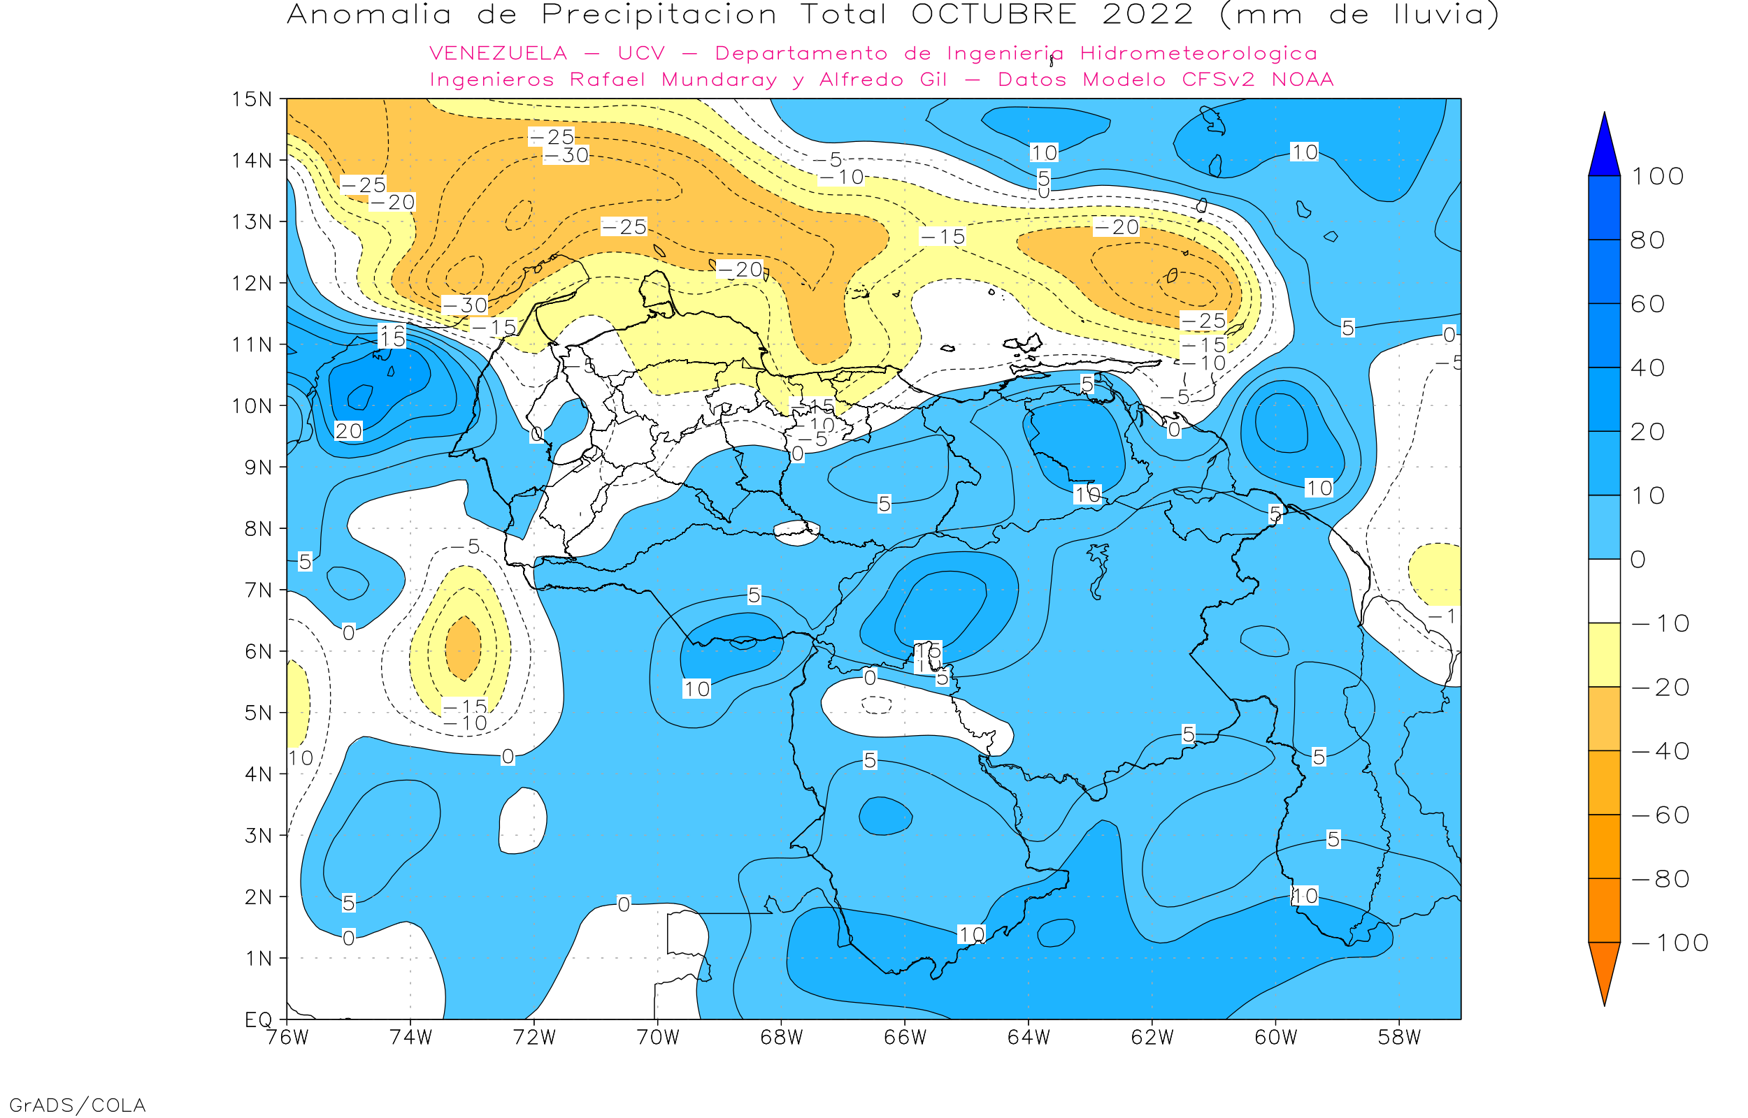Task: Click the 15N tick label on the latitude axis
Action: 251,99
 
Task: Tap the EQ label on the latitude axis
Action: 259,1019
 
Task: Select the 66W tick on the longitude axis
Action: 905,1038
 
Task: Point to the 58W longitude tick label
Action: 1398,1038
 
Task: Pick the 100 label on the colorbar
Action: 1657,176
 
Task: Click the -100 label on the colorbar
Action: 1670,943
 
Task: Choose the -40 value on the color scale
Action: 1660,751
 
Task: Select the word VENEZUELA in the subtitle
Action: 499,54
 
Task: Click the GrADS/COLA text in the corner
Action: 77,1105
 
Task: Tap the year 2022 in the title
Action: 1147,15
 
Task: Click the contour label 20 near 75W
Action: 349,431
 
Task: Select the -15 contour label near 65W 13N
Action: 943,237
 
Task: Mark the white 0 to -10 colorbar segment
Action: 1604,591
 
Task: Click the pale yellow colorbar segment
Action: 1604,655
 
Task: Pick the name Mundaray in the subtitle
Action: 719,80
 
